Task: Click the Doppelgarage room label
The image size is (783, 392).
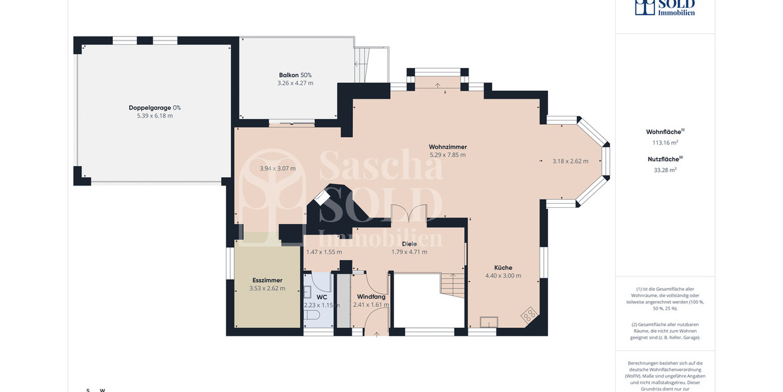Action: coord(155,107)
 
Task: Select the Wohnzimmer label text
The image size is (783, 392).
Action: coord(448,146)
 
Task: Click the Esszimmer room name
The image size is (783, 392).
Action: coord(267,280)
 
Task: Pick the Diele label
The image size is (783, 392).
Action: coord(409,244)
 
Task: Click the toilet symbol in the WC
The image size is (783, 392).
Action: coord(311,316)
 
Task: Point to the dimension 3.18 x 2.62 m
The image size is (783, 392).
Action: coord(570,161)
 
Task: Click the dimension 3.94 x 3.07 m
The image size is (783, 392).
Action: coord(277,169)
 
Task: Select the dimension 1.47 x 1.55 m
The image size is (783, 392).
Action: coord(324,252)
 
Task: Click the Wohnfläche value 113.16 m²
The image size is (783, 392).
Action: coord(665,142)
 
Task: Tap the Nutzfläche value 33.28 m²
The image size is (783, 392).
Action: coord(665,170)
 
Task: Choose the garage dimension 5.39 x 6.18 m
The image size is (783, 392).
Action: coord(155,116)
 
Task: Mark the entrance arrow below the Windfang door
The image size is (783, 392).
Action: coord(378,335)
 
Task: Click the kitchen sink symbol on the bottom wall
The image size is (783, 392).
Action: coord(487,321)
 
